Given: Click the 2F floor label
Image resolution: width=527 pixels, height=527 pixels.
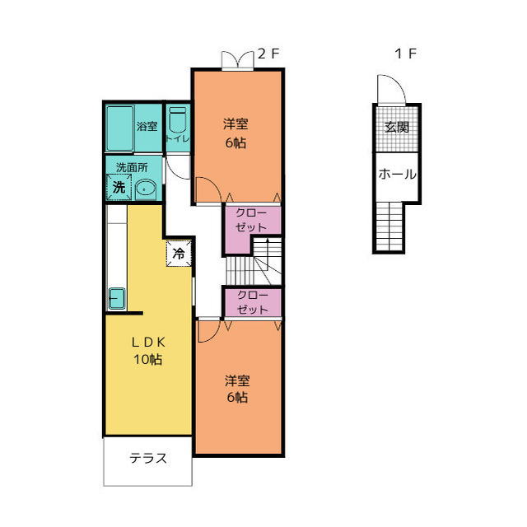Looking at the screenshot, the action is (x=268, y=54).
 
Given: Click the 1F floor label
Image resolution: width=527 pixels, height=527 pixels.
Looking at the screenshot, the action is (x=406, y=54).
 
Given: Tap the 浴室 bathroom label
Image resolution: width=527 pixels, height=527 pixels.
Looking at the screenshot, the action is (x=147, y=126).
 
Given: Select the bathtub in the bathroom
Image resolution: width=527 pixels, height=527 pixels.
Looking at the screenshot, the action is (x=120, y=128).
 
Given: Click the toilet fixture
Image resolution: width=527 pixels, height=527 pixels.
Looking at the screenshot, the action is (x=178, y=120).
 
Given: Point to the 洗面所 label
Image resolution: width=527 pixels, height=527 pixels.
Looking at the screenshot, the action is (x=132, y=167).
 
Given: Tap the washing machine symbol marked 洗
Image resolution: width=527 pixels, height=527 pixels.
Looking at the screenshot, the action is (x=119, y=187).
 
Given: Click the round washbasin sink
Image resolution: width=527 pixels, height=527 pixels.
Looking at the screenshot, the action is (x=146, y=190).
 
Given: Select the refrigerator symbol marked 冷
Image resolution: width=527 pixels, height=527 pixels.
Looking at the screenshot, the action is (x=179, y=254).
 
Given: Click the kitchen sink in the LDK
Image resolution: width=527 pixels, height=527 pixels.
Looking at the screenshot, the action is (x=117, y=298).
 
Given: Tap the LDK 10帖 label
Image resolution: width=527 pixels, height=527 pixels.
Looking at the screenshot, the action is (x=148, y=351).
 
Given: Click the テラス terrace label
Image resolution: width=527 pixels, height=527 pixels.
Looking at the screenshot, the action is (x=148, y=458).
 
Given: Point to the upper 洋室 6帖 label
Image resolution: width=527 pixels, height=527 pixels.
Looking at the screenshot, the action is (x=236, y=133).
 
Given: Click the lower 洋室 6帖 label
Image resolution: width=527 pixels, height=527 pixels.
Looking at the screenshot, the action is (x=237, y=389).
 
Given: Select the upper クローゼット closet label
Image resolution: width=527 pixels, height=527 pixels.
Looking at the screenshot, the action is (x=251, y=220).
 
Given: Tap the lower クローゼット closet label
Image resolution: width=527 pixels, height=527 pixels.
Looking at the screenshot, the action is (x=253, y=302).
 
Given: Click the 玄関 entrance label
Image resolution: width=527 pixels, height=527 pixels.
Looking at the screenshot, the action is (x=397, y=128).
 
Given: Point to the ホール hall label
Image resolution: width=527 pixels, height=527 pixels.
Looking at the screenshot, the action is (x=397, y=174).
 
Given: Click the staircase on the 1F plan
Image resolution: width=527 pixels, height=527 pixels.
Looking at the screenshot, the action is (x=389, y=226).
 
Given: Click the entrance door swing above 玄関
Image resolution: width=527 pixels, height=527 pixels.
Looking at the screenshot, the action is (x=392, y=89).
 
